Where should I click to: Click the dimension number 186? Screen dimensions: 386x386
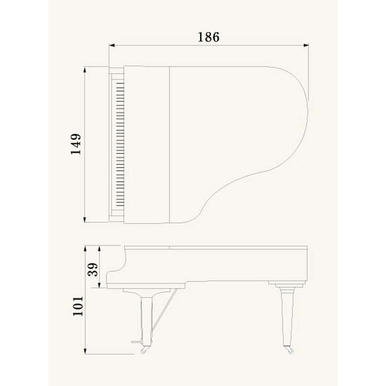[x=208, y=37]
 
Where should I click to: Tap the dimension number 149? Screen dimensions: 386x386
[x=76, y=144]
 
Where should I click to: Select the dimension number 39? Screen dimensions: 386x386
[x=93, y=270]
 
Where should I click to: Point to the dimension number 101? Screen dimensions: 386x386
[x=78, y=306]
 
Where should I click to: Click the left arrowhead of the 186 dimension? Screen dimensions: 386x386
[x=112, y=45]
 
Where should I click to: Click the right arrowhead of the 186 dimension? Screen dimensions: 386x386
[x=306, y=45]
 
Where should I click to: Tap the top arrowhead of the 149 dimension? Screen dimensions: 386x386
[x=85, y=69]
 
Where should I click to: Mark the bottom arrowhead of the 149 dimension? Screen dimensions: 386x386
[x=85, y=220]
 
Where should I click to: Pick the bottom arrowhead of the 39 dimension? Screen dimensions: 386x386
[x=99, y=285]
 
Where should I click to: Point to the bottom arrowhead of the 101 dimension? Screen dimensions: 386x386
[x=85, y=351]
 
